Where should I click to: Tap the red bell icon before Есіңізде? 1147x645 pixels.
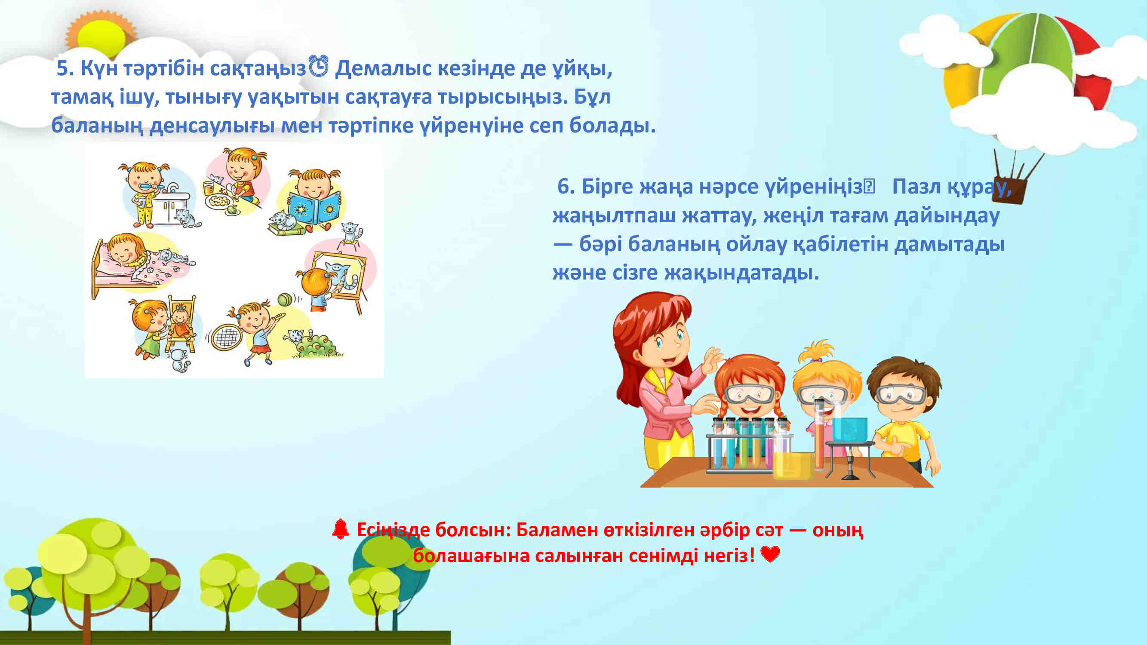coord(341,529)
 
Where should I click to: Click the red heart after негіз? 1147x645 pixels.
coord(770,554)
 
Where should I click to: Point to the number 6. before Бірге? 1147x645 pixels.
coord(566,186)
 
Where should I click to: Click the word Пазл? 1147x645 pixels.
coord(916,187)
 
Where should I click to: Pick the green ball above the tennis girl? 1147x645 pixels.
coord(285,300)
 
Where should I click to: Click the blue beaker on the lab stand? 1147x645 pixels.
coord(849,430)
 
